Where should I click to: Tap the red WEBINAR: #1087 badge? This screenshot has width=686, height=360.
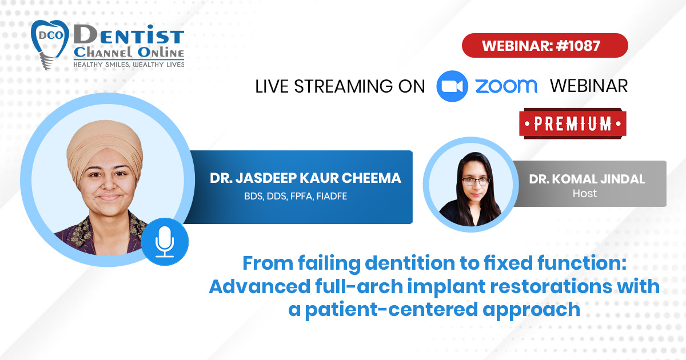pos(545,46)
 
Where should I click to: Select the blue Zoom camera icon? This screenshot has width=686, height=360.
pos(452,86)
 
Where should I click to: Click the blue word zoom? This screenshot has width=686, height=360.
pos(506,86)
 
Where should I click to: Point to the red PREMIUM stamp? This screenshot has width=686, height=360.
pos(573,123)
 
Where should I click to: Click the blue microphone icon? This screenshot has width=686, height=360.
pos(165,242)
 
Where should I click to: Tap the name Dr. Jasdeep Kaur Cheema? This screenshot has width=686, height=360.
pos(305,178)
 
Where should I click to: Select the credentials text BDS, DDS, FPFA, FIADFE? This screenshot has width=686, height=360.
pos(296,196)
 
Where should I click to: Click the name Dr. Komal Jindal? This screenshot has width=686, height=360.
pos(587,179)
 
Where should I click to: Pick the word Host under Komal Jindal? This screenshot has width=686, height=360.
pos(585,194)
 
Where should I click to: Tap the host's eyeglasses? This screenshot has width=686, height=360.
pos(476,181)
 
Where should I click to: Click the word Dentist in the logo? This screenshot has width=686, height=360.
pos(129,35)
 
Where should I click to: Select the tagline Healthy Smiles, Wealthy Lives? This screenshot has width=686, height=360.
pos(129,64)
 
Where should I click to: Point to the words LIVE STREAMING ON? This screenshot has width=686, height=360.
pos(340,86)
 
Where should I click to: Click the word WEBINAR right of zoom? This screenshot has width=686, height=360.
pos(589,86)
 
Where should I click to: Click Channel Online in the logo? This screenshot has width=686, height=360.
pos(129,53)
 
